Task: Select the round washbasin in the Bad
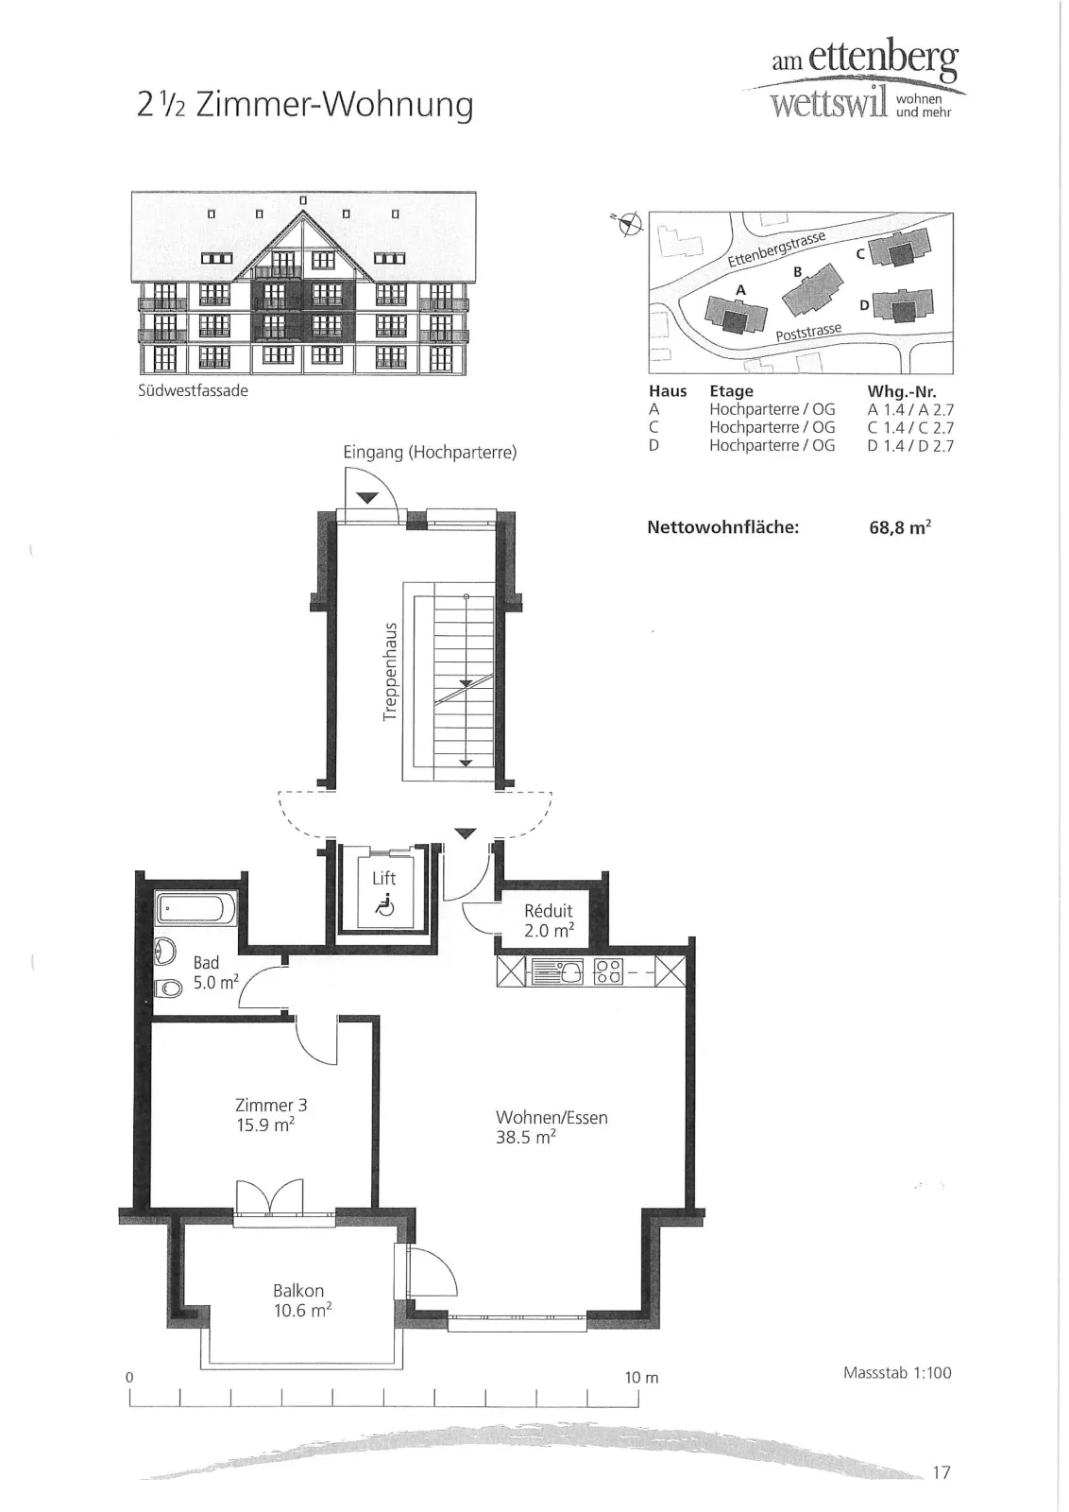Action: click(165, 952)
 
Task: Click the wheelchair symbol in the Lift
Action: click(384, 904)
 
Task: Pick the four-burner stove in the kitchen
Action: click(607, 972)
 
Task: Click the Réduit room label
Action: click(549, 911)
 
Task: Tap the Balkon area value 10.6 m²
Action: click(303, 1310)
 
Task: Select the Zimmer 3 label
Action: click(271, 1105)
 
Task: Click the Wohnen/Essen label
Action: click(551, 1117)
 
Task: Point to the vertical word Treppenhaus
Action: click(389, 671)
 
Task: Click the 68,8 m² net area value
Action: click(900, 527)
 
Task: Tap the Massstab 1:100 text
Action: click(897, 1372)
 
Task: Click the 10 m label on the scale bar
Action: click(641, 1378)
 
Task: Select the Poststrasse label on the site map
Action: click(808, 332)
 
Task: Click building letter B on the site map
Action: click(798, 272)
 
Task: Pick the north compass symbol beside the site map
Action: click(629, 223)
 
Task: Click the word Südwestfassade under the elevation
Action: click(193, 391)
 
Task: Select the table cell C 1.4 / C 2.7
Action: click(910, 427)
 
